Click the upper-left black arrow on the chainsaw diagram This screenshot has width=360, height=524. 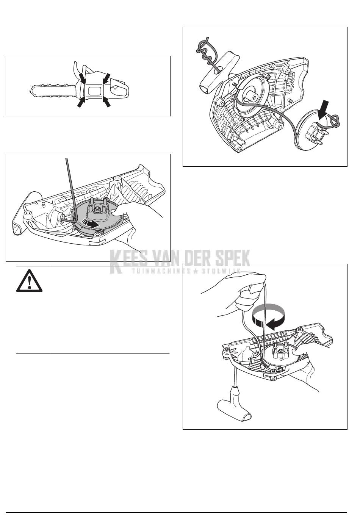tap(80, 77)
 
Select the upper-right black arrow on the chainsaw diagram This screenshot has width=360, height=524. tap(106, 78)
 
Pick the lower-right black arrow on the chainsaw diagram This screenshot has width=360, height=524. tap(107, 102)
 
